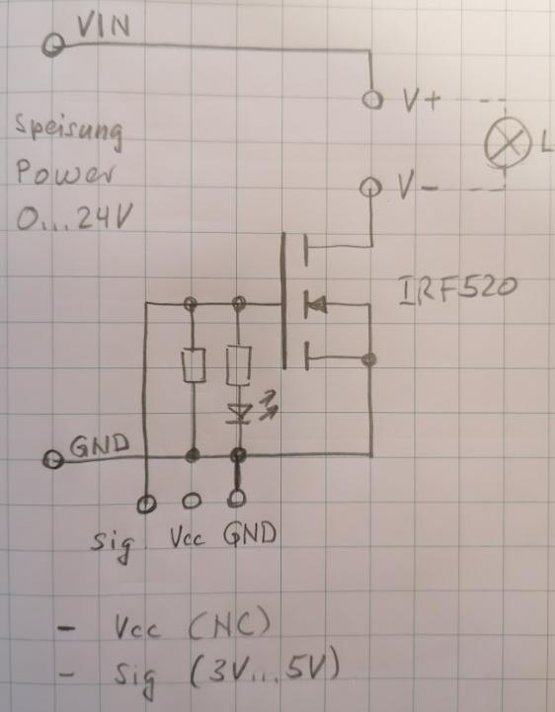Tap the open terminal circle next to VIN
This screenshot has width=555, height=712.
coord(54,45)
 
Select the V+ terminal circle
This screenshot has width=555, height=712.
coord(372,101)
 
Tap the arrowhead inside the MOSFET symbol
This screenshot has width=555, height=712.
coord(314,304)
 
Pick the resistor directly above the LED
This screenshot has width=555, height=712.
coord(237,365)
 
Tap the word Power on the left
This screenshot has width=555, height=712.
coord(58,174)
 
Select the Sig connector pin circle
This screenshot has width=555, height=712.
coord(146,503)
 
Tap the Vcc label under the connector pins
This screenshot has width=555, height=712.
coord(190,539)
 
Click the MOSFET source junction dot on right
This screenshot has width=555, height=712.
coord(370,357)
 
